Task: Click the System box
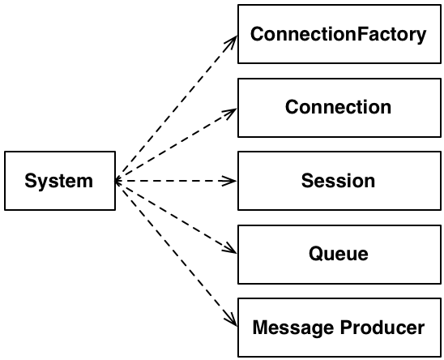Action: click(x=60, y=181)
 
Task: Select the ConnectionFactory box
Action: click(x=339, y=34)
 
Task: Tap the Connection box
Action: click(x=339, y=108)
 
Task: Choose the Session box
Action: click(x=339, y=181)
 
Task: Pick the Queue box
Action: click(x=339, y=255)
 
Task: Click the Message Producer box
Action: click(x=339, y=328)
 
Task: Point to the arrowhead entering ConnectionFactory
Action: click(x=232, y=42)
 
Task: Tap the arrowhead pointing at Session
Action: click(x=229, y=181)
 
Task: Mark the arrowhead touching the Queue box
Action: click(x=230, y=249)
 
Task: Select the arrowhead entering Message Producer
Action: click(x=232, y=319)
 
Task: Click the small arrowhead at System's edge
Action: click(x=117, y=181)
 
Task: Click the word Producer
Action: click(x=382, y=328)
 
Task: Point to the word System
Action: click(x=59, y=182)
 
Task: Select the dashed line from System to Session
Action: click(x=176, y=181)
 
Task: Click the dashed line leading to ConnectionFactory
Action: click(x=176, y=109)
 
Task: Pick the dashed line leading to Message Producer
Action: click(x=176, y=254)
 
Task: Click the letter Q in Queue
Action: click(x=315, y=254)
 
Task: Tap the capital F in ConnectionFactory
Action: click(x=361, y=34)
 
